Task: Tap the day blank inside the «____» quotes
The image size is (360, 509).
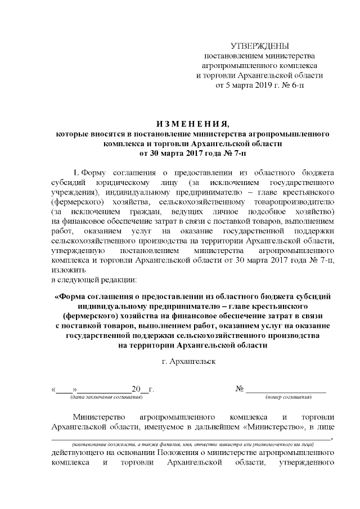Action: tap(65, 389)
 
